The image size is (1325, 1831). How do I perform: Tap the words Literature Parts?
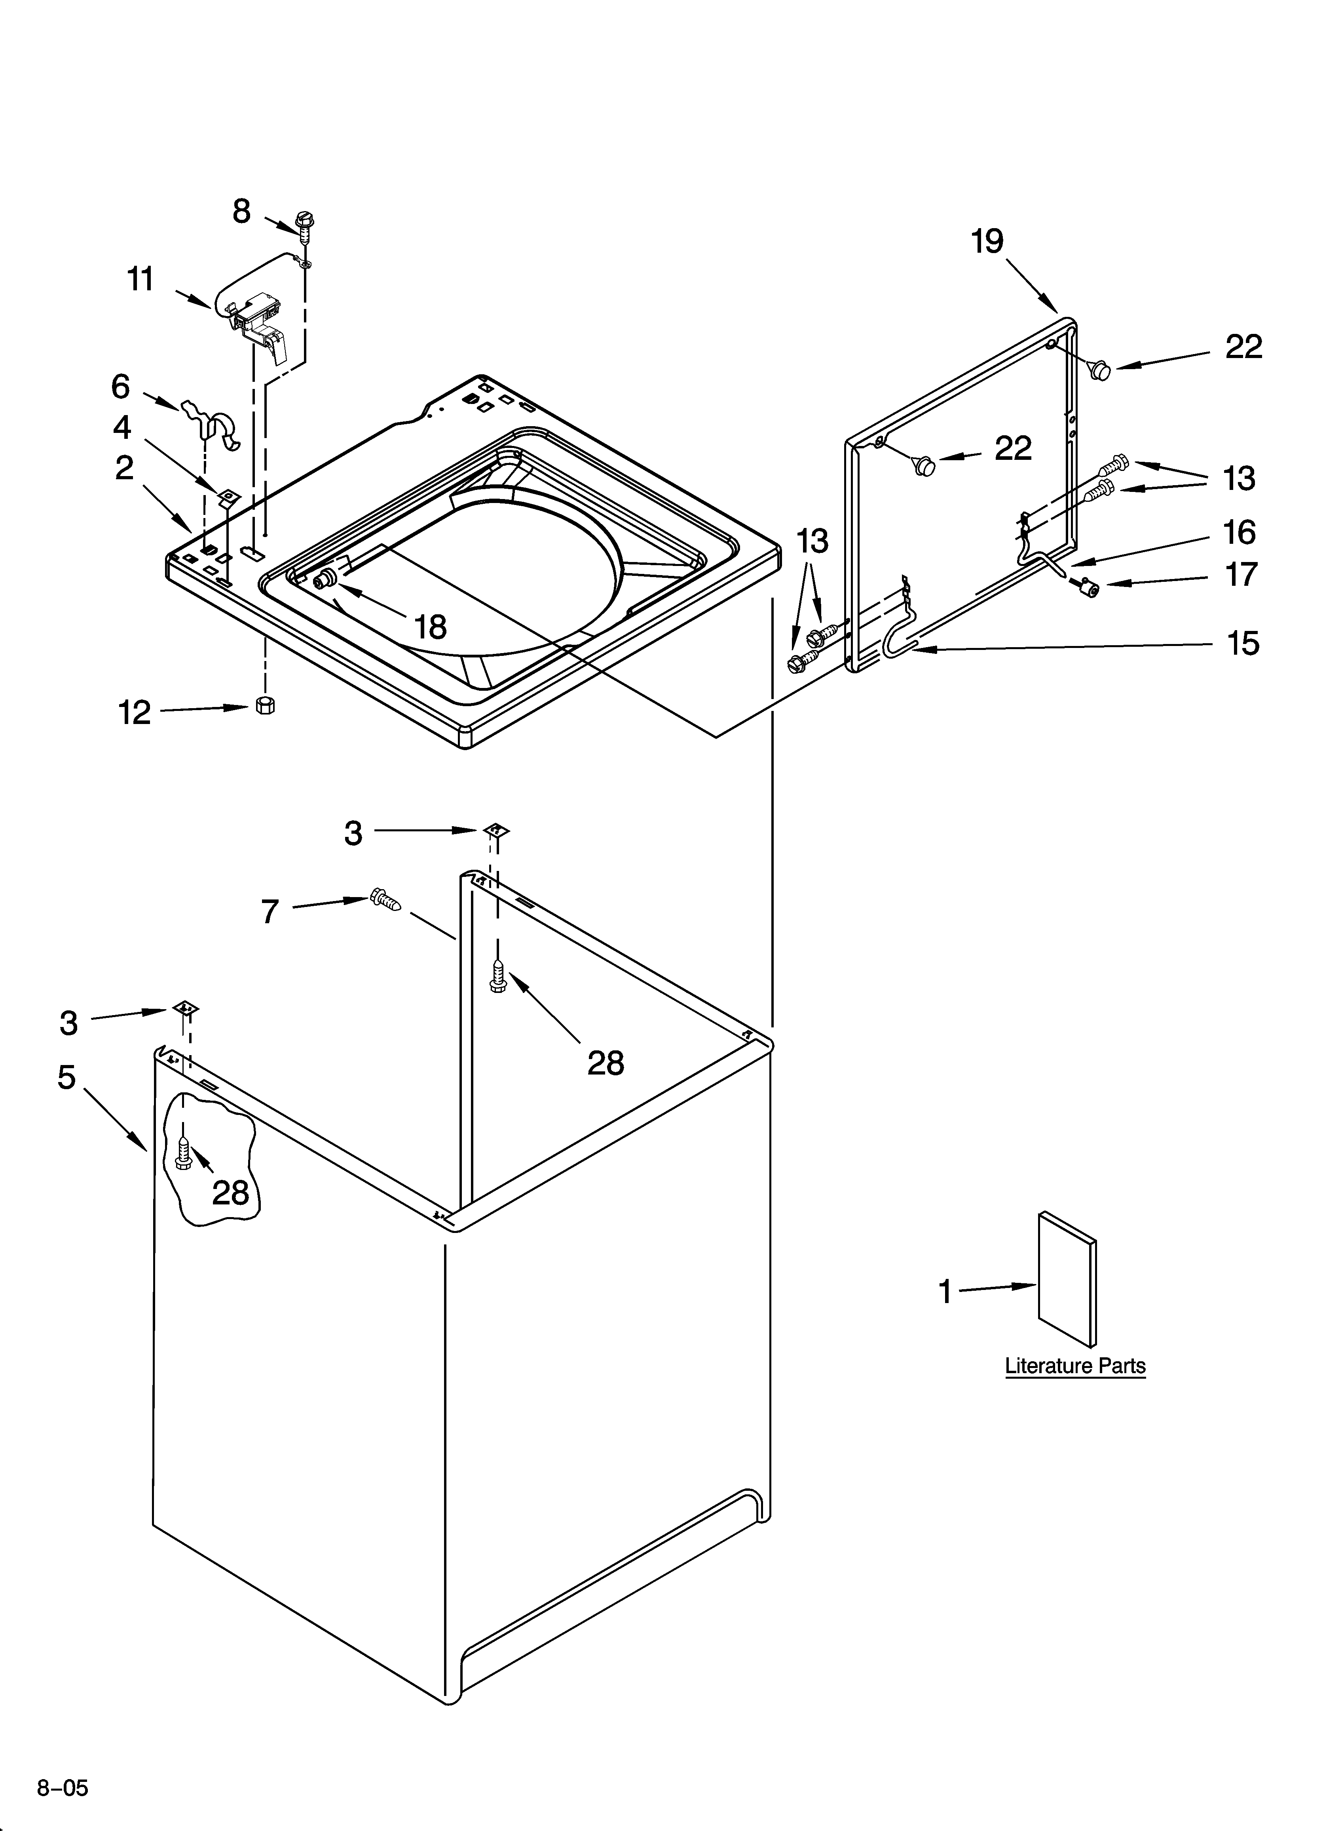pos(1075,1389)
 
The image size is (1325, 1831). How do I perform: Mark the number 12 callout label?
pos(135,712)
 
